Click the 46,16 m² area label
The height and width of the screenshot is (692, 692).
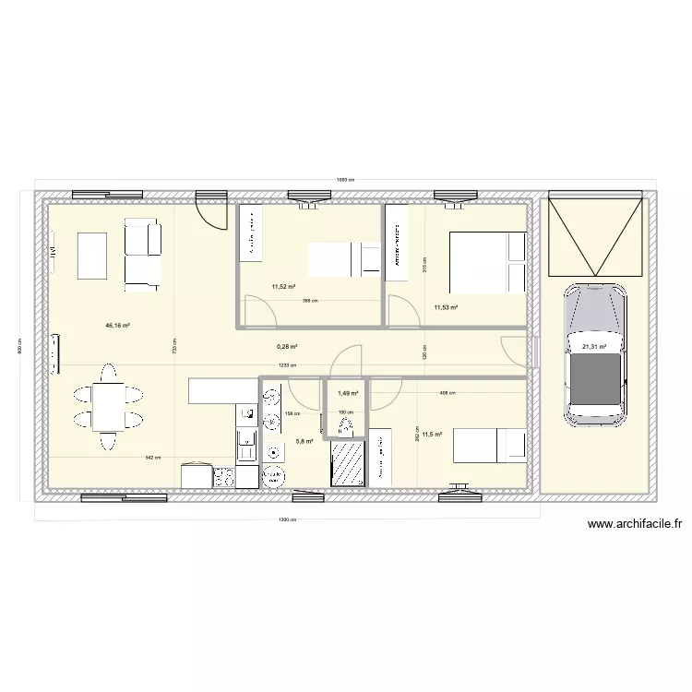pos(117,326)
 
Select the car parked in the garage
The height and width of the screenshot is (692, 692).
pos(594,354)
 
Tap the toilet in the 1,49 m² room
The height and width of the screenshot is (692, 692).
pos(346,426)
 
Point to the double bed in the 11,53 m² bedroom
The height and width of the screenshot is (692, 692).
pos(487,261)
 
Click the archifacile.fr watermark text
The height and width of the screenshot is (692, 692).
pos(634,524)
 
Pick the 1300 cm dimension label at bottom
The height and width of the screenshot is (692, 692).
pos(287,519)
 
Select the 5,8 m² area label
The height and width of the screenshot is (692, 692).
pos(304,441)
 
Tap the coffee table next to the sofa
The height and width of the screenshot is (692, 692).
pos(92,256)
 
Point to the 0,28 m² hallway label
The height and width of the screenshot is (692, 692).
pos(286,347)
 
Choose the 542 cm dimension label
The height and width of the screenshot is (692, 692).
pos(152,457)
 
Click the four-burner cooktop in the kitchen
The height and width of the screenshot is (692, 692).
pos(223,477)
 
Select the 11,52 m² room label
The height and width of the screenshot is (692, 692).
pos(281,286)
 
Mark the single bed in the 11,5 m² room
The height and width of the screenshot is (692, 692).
pos(486,446)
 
